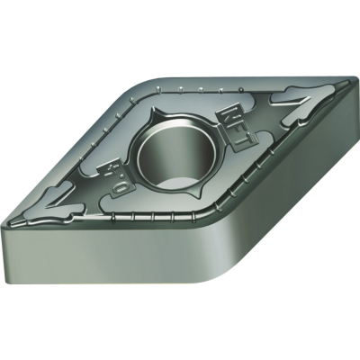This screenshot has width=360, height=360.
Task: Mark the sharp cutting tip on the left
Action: pyautogui.click(x=9, y=221)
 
